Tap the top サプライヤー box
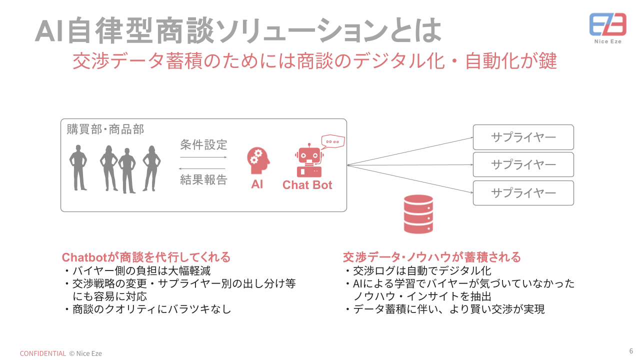(523, 137)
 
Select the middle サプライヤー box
(523, 164)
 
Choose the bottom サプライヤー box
(523, 193)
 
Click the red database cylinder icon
(418, 213)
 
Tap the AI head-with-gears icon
(258, 160)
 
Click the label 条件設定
(203, 145)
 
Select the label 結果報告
(203, 180)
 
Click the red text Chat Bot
(307, 185)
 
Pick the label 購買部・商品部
(105, 129)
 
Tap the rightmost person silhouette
(151, 168)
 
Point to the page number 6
(631, 350)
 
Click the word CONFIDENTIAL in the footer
(43, 353)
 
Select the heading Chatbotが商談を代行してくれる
(146, 257)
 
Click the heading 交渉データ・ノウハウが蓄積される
(431, 257)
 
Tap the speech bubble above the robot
(332, 142)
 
